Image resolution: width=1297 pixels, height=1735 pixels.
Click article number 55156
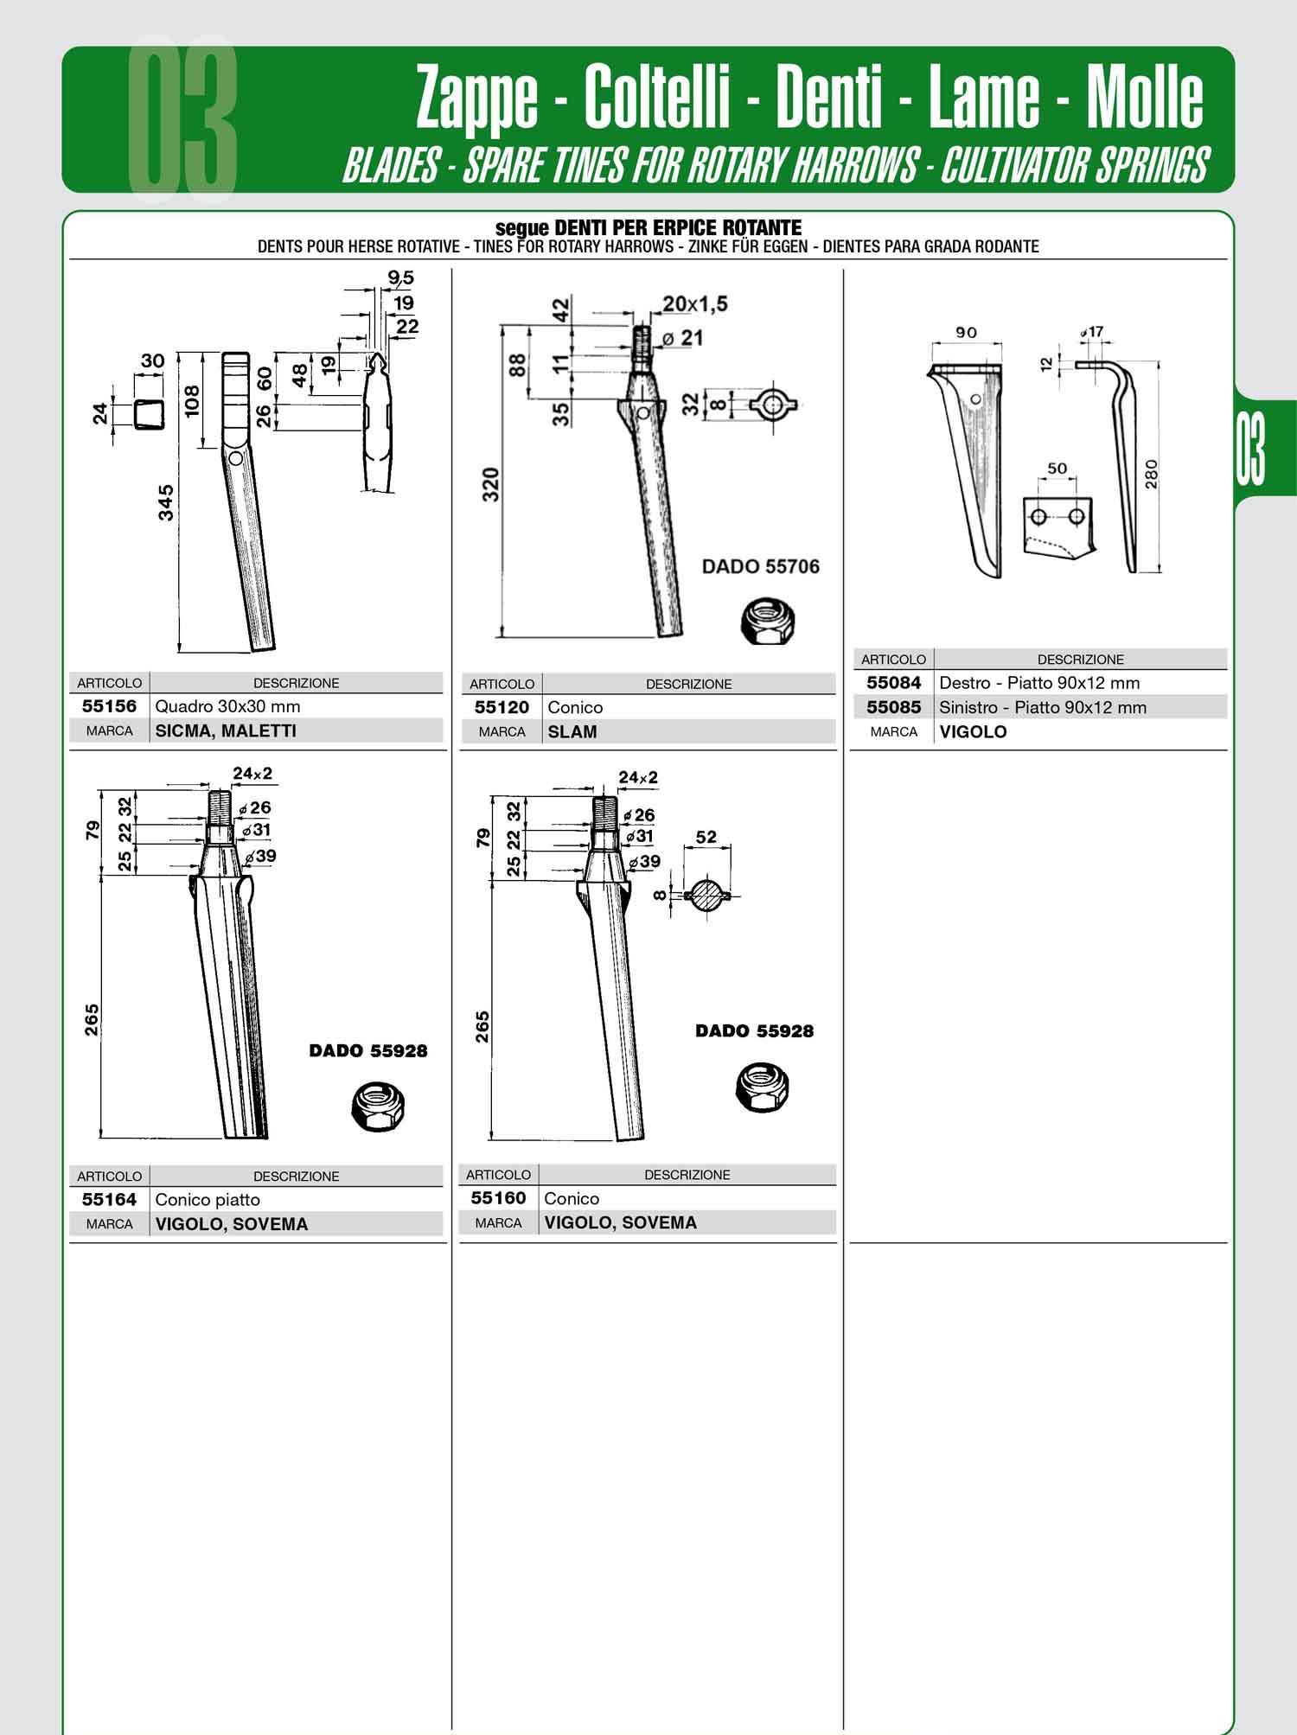pyautogui.click(x=109, y=706)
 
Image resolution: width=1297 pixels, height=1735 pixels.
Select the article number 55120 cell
pyautogui.click(x=502, y=707)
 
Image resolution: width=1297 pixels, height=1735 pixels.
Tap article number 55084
pyautogui.click(x=894, y=683)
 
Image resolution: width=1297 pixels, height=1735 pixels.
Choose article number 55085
pyautogui.click(x=894, y=707)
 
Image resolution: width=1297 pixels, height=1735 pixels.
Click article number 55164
pyautogui.click(x=109, y=1199)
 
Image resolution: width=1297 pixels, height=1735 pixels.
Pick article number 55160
pyautogui.click(x=498, y=1198)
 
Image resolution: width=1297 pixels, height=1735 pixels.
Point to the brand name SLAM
pyautogui.click(x=572, y=731)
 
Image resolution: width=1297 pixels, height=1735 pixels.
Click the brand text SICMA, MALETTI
pyautogui.click(x=226, y=730)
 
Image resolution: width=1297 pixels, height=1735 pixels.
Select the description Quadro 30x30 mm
pyautogui.click(x=227, y=706)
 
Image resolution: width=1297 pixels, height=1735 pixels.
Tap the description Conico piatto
pyautogui.click(x=208, y=1200)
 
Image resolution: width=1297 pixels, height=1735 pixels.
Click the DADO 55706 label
pyautogui.click(x=761, y=566)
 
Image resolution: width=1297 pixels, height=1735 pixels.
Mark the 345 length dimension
pyautogui.click(x=165, y=502)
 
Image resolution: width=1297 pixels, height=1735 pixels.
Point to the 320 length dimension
pyautogui.click(x=490, y=486)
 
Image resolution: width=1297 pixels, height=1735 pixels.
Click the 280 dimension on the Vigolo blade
pyautogui.click(x=1151, y=474)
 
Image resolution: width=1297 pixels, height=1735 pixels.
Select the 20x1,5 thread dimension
pyautogui.click(x=695, y=303)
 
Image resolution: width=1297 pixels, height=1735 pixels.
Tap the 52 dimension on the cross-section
pyautogui.click(x=706, y=837)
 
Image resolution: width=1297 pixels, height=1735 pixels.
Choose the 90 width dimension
pyautogui.click(x=967, y=332)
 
